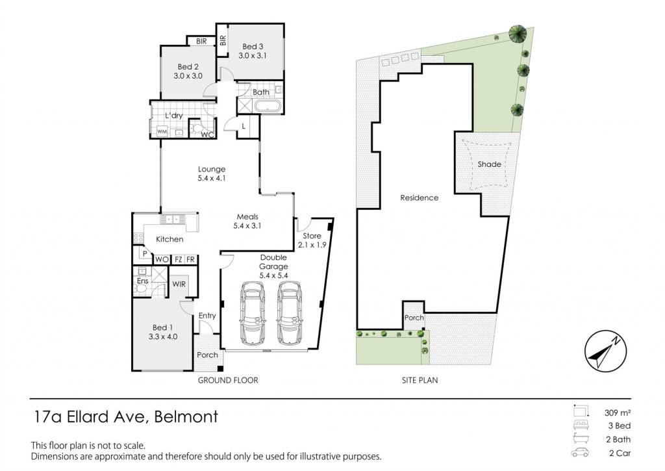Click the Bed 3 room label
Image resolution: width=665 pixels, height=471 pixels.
point(253,51)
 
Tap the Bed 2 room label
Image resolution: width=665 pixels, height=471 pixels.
point(188,71)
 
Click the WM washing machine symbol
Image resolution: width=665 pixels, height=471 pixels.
point(162,131)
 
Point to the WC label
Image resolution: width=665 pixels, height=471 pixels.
point(207,135)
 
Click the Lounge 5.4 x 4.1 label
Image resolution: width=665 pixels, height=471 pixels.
point(212,173)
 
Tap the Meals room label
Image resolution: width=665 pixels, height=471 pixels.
point(247,221)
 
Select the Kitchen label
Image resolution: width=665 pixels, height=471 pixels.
point(169,239)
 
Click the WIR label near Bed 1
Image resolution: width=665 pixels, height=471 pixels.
point(179,284)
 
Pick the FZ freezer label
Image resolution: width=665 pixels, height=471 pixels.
point(179,259)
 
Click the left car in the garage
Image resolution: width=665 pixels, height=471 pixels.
point(253,312)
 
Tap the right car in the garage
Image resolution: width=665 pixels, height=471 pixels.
point(289,312)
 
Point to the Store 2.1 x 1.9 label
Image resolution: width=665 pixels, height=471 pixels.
point(312,240)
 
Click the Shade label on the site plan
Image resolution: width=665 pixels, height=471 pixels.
point(490,164)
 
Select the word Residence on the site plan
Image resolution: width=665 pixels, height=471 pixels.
point(420,197)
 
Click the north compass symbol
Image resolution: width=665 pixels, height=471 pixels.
point(606,351)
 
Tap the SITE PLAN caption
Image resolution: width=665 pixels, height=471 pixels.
point(420,381)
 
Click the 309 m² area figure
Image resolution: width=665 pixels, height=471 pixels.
point(618,413)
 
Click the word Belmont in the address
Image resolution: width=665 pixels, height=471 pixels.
point(186,416)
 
